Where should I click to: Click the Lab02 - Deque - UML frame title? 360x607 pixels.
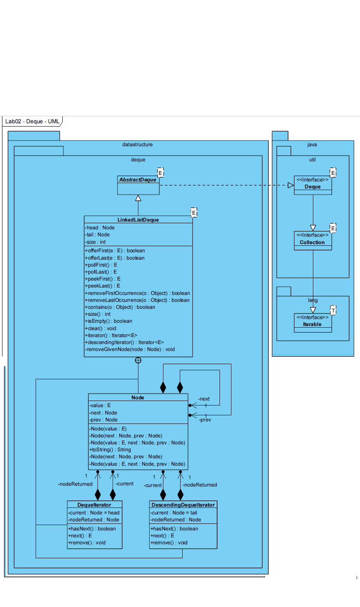32,121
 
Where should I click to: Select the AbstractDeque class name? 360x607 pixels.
138,180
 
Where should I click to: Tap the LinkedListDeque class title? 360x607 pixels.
138,220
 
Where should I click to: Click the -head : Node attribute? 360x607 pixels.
100,228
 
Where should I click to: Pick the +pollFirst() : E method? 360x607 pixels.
101,265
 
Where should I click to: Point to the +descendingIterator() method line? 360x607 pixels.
124,342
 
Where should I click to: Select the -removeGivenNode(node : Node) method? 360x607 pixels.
130,349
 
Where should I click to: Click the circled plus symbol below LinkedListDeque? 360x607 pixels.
138,360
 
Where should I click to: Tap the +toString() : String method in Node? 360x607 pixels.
110,450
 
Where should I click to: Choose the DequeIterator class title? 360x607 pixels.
94,505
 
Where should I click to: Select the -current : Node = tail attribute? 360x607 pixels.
174,513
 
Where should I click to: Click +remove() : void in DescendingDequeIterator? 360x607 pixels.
169,543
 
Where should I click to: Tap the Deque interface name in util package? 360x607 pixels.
312,187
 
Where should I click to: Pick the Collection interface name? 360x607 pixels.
312,242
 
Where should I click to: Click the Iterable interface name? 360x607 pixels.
312,324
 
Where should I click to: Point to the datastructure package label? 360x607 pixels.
138,145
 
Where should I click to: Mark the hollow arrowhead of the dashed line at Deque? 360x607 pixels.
291,185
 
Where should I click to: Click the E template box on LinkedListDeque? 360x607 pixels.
194,213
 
